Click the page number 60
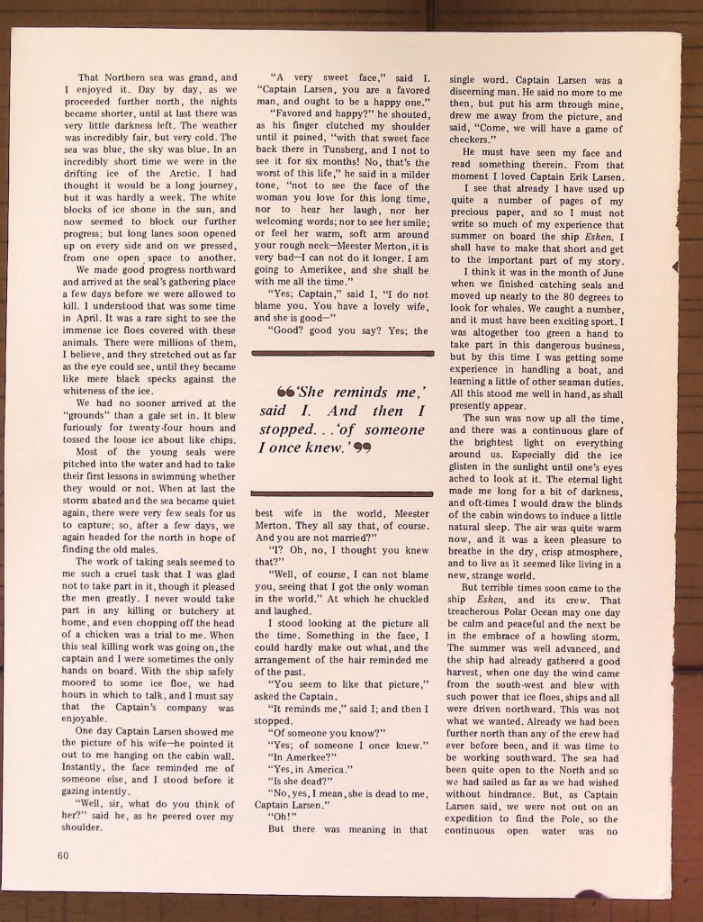point(63,855)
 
